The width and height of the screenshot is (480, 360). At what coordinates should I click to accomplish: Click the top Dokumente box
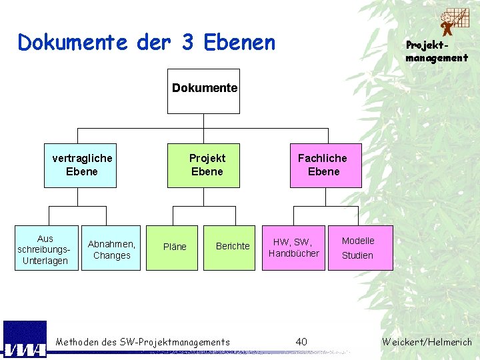click(204, 91)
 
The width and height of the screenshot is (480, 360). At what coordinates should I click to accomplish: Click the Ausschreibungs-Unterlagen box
click(45, 249)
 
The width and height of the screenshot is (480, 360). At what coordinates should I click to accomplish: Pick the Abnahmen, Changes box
click(111, 249)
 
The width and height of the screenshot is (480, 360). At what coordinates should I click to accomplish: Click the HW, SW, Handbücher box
click(293, 247)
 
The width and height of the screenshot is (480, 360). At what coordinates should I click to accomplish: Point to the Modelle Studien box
click(360, 247)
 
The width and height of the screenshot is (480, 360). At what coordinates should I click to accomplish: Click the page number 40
click(301, 342)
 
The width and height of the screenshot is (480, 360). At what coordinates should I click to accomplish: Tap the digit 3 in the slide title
click(187, 43)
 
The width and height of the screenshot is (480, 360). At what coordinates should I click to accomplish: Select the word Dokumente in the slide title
click(72, 43)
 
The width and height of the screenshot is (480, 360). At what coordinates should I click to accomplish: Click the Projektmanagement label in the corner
click(437, 51)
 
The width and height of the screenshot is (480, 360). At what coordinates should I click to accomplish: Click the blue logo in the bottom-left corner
click(25, 340)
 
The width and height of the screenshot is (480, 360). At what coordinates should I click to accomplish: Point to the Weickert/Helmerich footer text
click(427, 342)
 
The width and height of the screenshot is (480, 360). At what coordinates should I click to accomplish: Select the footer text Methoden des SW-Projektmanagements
click(143, 342)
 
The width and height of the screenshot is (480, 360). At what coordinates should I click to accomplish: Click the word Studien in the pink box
click(358, 255)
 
